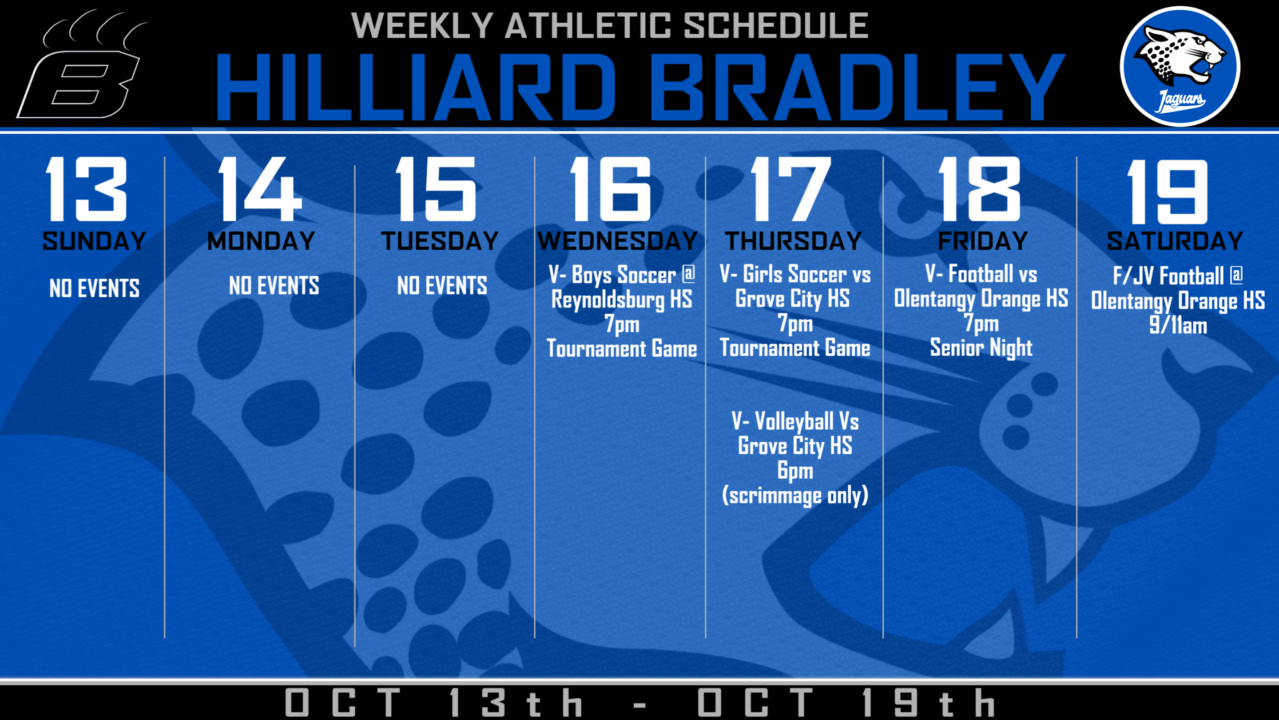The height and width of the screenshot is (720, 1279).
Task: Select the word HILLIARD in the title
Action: pos(415,87)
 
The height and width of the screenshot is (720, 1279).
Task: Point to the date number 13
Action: pos(87,189)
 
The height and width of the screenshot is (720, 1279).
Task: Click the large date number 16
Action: pos(611,189)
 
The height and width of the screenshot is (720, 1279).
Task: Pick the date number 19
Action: pos(1167,192)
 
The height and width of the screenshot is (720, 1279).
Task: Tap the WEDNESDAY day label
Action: pos(618,241)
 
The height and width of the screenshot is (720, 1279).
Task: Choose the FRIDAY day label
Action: pos(983,241)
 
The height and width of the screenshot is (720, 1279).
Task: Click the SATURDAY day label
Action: pos(1175,241)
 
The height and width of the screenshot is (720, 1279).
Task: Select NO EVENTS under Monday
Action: pos(274,286)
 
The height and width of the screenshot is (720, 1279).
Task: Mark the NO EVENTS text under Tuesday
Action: pos(442,286)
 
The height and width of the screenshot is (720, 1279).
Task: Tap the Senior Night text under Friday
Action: pos(981,347)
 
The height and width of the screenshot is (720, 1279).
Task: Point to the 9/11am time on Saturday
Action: pos(1178,325)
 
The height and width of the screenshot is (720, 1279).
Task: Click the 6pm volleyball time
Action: pos(795,471)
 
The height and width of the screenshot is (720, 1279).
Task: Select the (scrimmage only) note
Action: pos(795,496)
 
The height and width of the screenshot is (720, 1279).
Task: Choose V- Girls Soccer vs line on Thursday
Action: pos(795,274)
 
